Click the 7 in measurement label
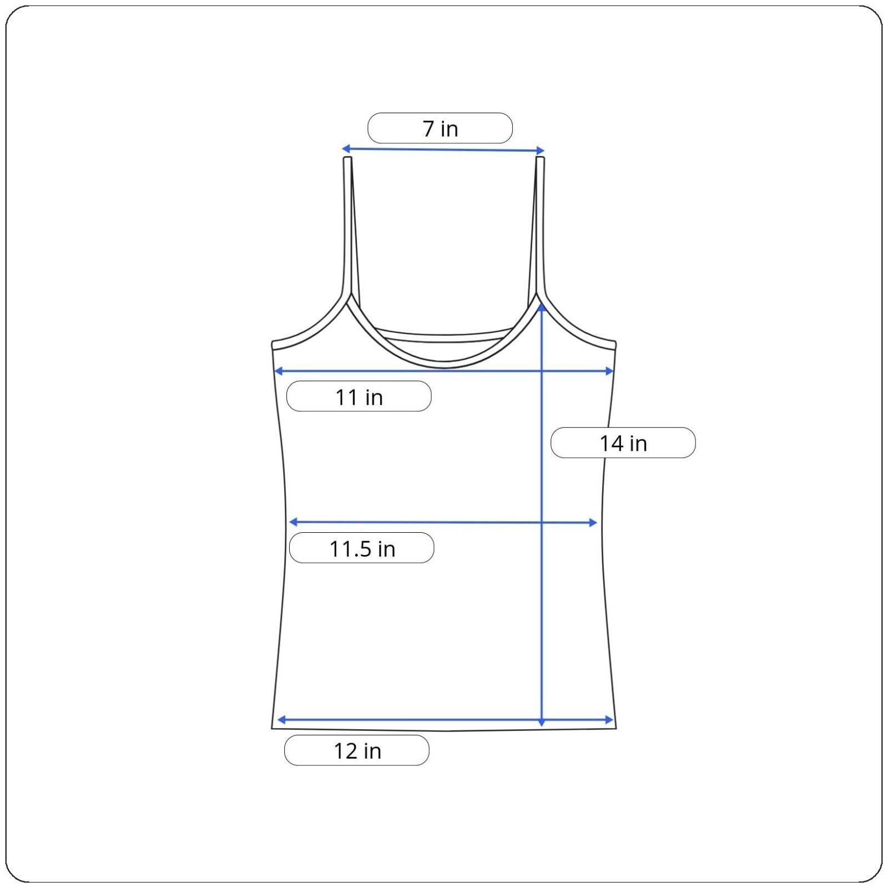click(440, 128)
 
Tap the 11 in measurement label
click(359, 397)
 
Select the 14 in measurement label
click(623, 443)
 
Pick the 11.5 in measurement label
click(362, 548)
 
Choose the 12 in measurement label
click(357, 750)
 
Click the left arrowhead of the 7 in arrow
click(345, 148)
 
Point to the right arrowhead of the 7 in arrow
click(541, 150)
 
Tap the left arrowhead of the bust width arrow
click(279, 371)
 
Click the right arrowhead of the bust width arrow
click(609, 371)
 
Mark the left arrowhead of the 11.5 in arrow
click(294, 522)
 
